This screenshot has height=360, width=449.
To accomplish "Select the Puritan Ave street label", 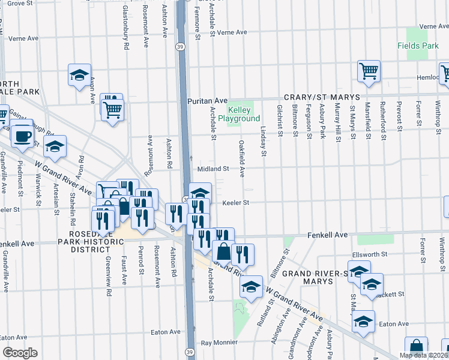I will pos(208,100).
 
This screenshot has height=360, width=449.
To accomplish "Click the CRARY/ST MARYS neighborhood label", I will pos(321,97).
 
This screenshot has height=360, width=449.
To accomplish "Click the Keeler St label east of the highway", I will pos(236,203).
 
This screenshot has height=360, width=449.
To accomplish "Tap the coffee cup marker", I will pos(23,136).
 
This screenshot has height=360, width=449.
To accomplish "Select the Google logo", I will pos(20,353).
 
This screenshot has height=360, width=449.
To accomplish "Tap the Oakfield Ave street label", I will pos(242,159).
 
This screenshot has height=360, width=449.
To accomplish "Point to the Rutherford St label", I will pos(382,121).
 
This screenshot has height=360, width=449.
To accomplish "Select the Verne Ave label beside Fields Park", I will pos(435,26).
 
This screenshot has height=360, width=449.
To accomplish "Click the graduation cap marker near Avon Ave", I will pos(79,76).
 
